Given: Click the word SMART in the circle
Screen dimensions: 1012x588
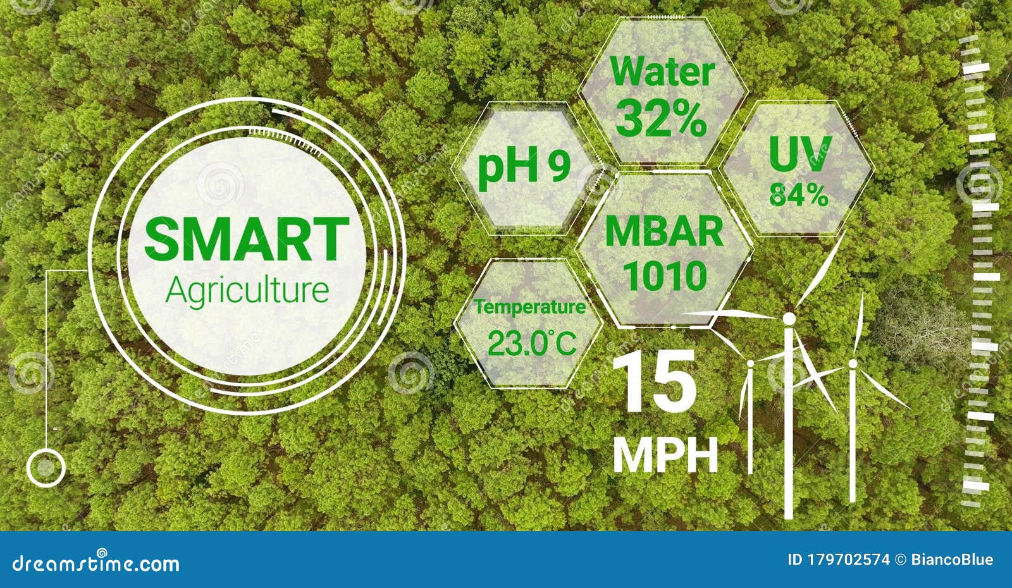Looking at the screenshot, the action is click(x=247, y=238).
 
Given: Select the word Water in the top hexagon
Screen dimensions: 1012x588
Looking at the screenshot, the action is click(x=662, y=71).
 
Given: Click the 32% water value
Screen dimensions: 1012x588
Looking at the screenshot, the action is click(x=661, y=118).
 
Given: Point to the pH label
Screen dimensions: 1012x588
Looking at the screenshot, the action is click(x=509, y=166).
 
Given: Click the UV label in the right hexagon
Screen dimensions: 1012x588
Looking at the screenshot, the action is click(x=800, y=154).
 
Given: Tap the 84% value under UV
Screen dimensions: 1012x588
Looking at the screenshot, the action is click(x=799, y=195).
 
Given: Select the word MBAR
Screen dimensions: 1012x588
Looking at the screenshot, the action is click(x=664, y=231).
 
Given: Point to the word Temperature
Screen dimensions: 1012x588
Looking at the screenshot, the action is click(x=529, y=307).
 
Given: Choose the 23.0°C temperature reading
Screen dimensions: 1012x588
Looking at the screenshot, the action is click(x=532, y=343).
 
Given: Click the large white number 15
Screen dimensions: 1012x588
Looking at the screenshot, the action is click(x=654, y=381).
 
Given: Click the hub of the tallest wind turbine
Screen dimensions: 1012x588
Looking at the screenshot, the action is click(x=789, y=319).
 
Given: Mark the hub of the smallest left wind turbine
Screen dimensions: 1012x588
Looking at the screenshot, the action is click(x=750, y=363).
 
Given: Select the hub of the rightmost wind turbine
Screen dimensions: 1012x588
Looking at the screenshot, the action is click(x=853, y=364).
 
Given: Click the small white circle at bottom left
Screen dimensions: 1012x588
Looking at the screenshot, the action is click(x=46, y=468).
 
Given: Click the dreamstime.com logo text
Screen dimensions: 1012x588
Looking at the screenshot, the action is click(x=96, y=563).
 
